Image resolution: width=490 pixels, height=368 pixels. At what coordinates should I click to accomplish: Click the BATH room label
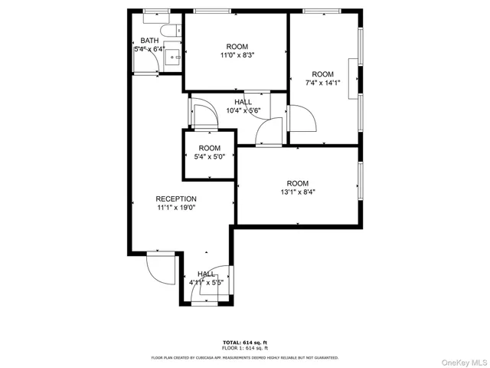click(149, 41)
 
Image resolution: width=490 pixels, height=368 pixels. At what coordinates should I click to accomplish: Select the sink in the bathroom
click(174, 55)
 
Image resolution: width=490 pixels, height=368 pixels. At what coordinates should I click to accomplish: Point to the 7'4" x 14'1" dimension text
click(322, 84)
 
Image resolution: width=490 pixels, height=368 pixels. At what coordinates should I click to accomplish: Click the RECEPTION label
click(176, 199)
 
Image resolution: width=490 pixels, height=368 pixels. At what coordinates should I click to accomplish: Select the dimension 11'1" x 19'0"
click(176, 208)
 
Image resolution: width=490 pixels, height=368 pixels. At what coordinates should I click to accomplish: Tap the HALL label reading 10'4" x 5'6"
click(243, 102)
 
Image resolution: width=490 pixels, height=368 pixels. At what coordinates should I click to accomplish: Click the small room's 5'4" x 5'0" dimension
click(209, 158)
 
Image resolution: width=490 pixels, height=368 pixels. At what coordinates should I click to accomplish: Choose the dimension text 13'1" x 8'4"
click(297, 192)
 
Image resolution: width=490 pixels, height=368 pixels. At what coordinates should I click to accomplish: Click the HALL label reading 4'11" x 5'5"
click(207, 274)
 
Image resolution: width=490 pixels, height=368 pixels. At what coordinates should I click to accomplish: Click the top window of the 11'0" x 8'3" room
click(205, 11)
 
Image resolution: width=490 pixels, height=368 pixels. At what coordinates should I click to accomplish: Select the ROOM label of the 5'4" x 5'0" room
click(209, 148)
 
